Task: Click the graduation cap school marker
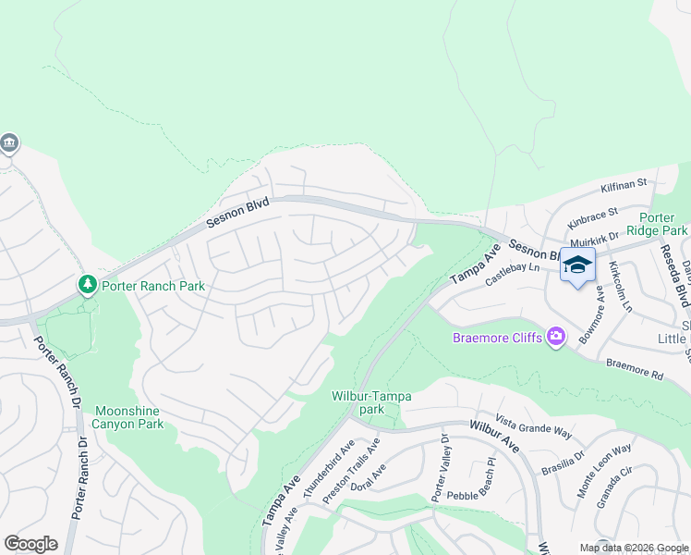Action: [577, 265]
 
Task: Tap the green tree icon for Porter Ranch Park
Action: [88, 285]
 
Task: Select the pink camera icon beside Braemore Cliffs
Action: [556, 338]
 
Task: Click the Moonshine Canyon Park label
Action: [127, 417]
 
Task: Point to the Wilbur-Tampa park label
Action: [372, 402]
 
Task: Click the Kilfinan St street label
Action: [624, 187]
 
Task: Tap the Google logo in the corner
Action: [30, 543]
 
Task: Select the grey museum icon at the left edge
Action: [9, 143]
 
